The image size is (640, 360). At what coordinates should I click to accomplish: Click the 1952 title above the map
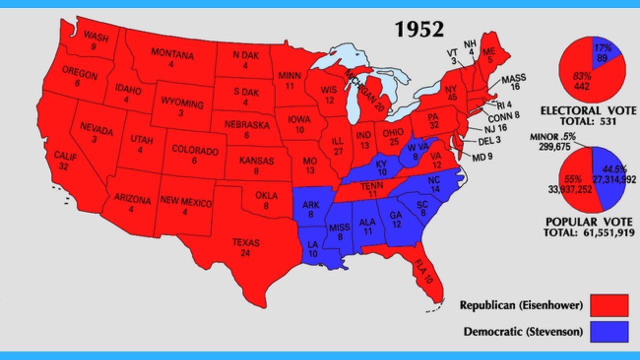point(419,29)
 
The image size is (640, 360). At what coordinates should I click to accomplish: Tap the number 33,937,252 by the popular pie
point(569,188)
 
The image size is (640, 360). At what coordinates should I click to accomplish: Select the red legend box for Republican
point(609,305)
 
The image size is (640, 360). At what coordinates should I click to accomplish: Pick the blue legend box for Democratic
point(609,332)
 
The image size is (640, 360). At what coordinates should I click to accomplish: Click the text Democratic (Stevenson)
point(523,331)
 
